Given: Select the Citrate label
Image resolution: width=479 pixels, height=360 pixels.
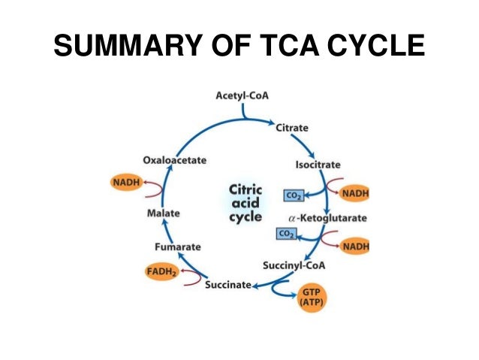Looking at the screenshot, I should click(x=292, y=128).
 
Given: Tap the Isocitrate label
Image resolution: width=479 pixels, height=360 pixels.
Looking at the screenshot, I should click(x=318, y=164).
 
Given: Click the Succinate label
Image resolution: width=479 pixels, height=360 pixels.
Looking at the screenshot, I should click(x=227, y=286).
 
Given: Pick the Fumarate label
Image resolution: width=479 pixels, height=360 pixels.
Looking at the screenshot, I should click(x=177, y=246).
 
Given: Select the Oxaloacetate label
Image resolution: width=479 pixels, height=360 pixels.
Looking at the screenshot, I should click(x=174, y=160).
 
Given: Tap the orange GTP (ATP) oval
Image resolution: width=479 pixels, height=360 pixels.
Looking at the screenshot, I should click(x=310, y=296).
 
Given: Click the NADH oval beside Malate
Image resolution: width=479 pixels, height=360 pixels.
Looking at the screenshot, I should click(x=126, y=183).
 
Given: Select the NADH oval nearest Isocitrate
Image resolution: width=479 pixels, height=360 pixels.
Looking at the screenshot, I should click(x=354, y=193).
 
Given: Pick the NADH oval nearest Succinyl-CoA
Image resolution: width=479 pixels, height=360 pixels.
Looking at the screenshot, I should click(x=354, y=245).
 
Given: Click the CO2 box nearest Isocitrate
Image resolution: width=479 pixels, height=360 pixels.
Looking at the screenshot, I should click(x=294, y=195).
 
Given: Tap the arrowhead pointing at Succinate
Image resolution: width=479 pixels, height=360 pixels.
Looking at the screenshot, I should click(x=256, y=286).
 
